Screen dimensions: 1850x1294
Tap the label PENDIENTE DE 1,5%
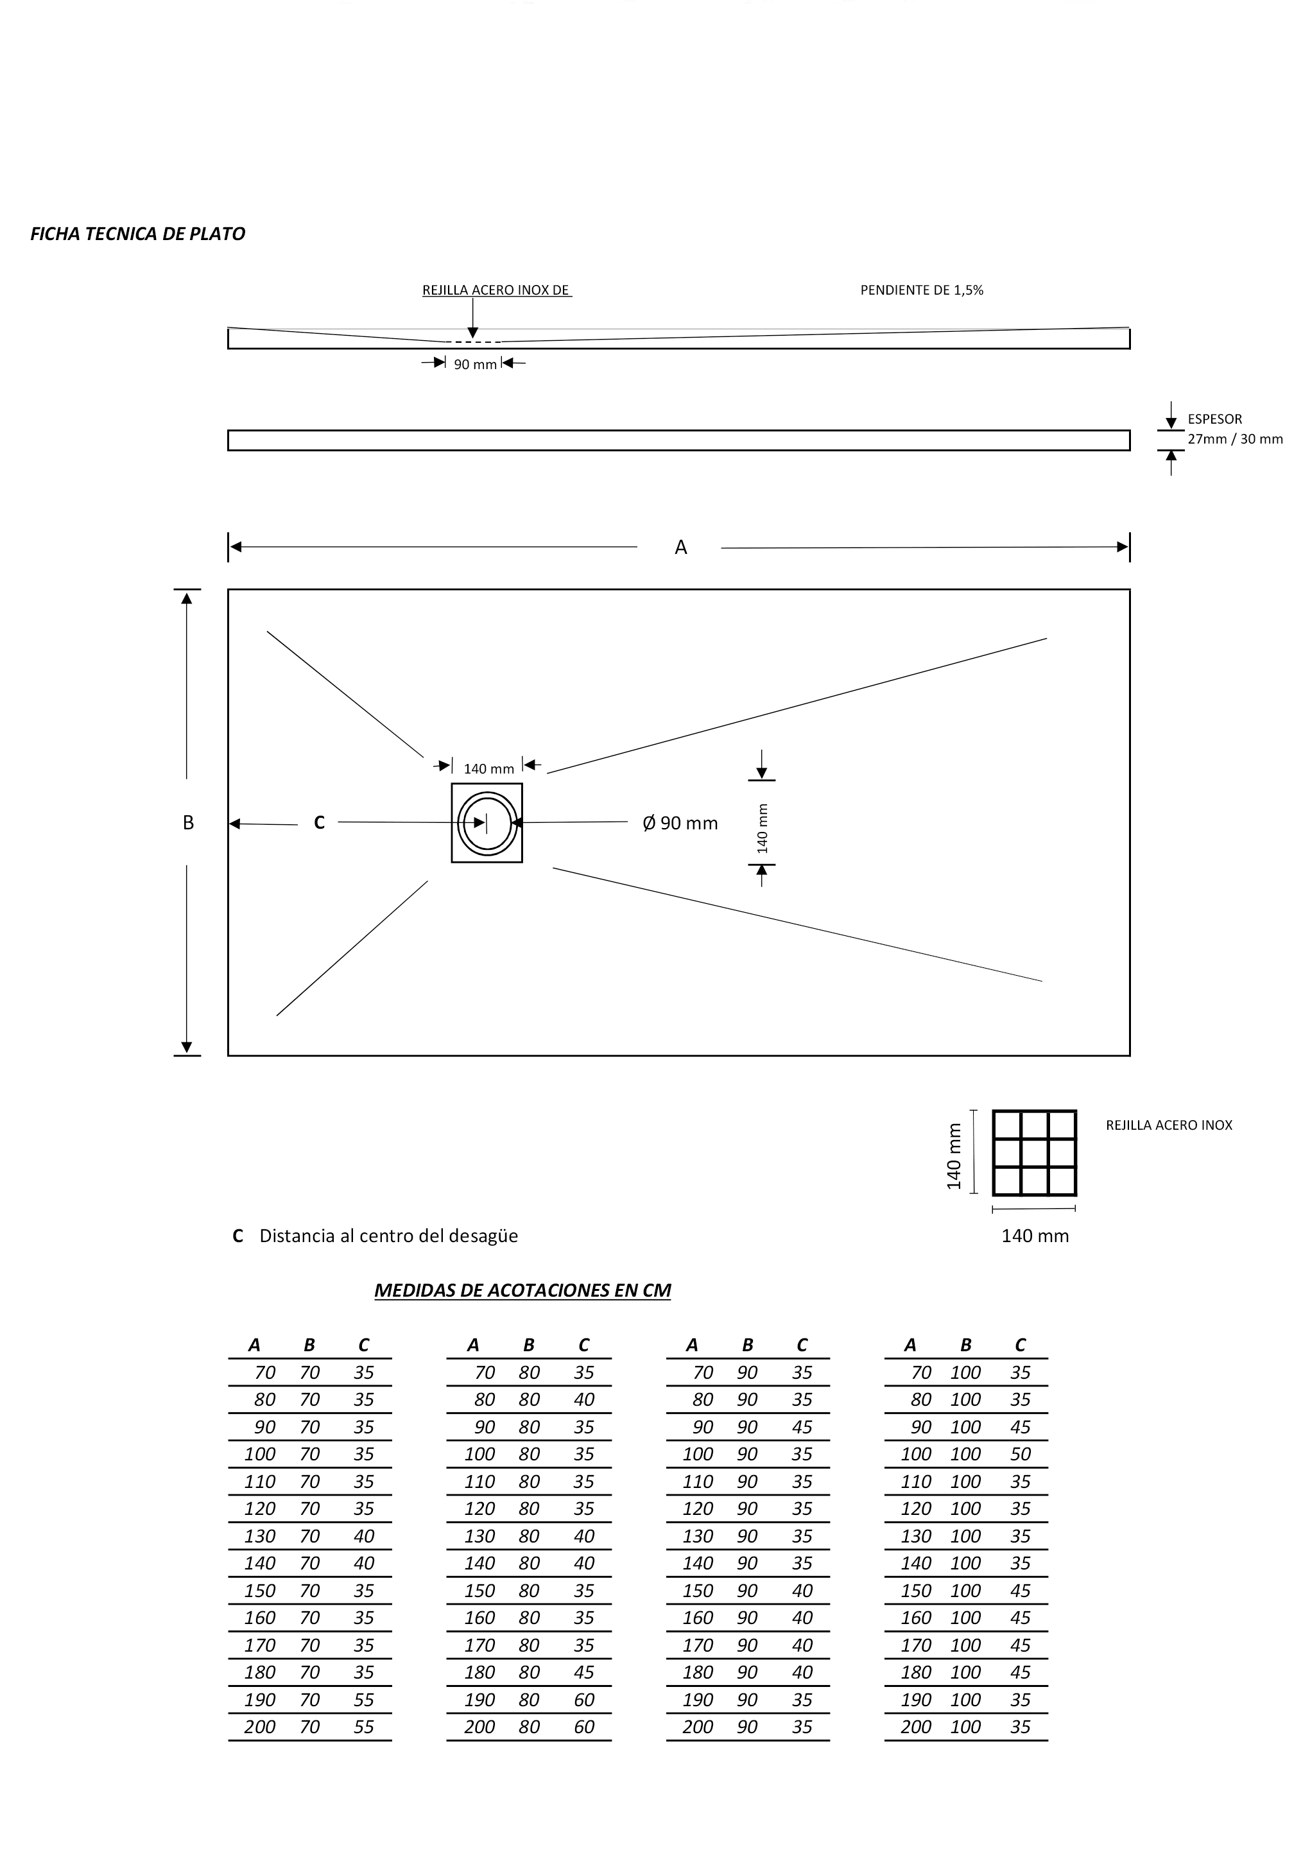click(x=922, y=290)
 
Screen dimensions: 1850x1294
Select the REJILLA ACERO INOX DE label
click(x=496, y=290)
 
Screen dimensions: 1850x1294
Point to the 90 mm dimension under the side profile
click(x=476, y=364)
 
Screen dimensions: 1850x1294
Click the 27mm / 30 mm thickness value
click(x=1234, y=439)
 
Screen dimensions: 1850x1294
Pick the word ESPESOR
click(x=1214, y=419)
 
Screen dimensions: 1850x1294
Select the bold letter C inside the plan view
click(x=319, y=823)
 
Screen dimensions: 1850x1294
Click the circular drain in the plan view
click(x=487, y=823)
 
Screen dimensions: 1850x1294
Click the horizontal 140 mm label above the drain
click(x=488, y=768)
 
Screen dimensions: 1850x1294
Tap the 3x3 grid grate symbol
click(x=1034, y=1153)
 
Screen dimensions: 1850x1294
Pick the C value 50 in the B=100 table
click(x=1020, y=1455)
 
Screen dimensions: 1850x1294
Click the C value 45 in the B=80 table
click(x=583, y=1672)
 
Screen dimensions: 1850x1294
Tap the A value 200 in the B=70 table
click(x=259, y=1727)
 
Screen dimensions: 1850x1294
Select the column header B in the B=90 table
click(x=747, y=1345)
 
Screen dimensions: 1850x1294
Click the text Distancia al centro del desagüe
click(x=388, y=1236)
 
